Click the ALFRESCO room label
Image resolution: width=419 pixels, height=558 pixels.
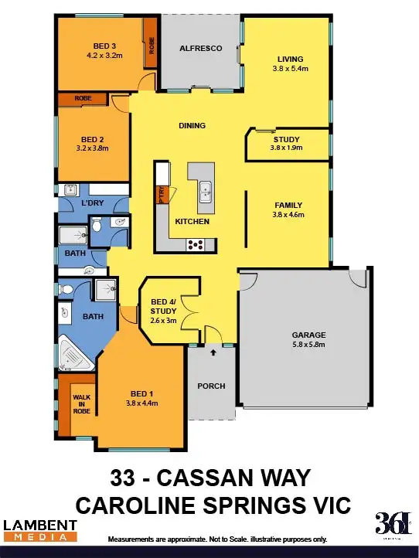(x=201, y=48)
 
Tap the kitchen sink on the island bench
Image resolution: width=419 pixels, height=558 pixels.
(x=205, y=191)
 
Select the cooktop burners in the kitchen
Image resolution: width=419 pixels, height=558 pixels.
(x=195, y=245)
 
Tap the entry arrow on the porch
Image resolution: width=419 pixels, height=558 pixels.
(x=213, y=353)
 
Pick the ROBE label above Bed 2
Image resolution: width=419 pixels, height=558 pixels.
(x=83, y=99)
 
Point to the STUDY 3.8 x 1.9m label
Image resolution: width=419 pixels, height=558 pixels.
(x=286, y=144)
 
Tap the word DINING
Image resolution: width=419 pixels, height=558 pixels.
(x=191, y=124)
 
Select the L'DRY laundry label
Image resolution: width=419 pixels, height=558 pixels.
(x=93, y=203)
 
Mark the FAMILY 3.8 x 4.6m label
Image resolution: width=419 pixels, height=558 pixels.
(x=289, y=209)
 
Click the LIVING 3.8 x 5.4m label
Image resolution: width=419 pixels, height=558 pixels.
(x=290, y=63)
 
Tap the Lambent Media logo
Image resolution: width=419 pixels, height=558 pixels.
(x=40, y=530)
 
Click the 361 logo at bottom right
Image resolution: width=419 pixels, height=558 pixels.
(x=393, y=523)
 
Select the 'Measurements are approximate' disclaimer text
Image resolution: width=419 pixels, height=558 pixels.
(x=217, y=539)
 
